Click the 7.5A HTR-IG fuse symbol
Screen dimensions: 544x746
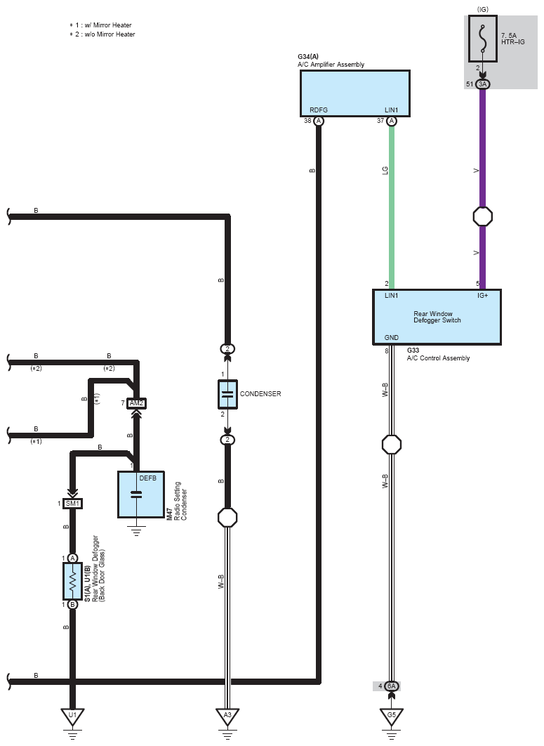click(483, 39)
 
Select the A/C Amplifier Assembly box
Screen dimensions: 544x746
click(354, 93)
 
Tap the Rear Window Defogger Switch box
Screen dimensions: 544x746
click(437, 317)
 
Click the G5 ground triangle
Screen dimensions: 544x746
click(392, 716)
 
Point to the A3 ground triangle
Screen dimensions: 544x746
click(227, 716)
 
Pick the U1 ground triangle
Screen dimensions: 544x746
click(72, 716)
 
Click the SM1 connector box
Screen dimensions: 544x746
click(72, 504)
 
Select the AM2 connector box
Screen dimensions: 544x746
click(136, 403)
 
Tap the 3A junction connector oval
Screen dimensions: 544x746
click(483, 84)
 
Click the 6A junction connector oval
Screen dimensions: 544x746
click(392, 686)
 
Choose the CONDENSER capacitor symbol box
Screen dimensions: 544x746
click(227, 394)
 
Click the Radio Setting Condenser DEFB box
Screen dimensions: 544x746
click(141, 495)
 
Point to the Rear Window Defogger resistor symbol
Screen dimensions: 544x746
click(72, 582)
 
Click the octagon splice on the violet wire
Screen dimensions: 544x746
click(483, 217)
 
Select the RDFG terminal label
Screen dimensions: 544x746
click(319, 110)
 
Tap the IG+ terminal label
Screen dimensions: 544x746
click(483, 296)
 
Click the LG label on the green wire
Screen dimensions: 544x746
click(385, 170)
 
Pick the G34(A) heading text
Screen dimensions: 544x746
click(308, 57)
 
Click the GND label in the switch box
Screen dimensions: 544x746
click(392, 337)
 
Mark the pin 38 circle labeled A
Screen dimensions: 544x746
click(319, 121)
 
